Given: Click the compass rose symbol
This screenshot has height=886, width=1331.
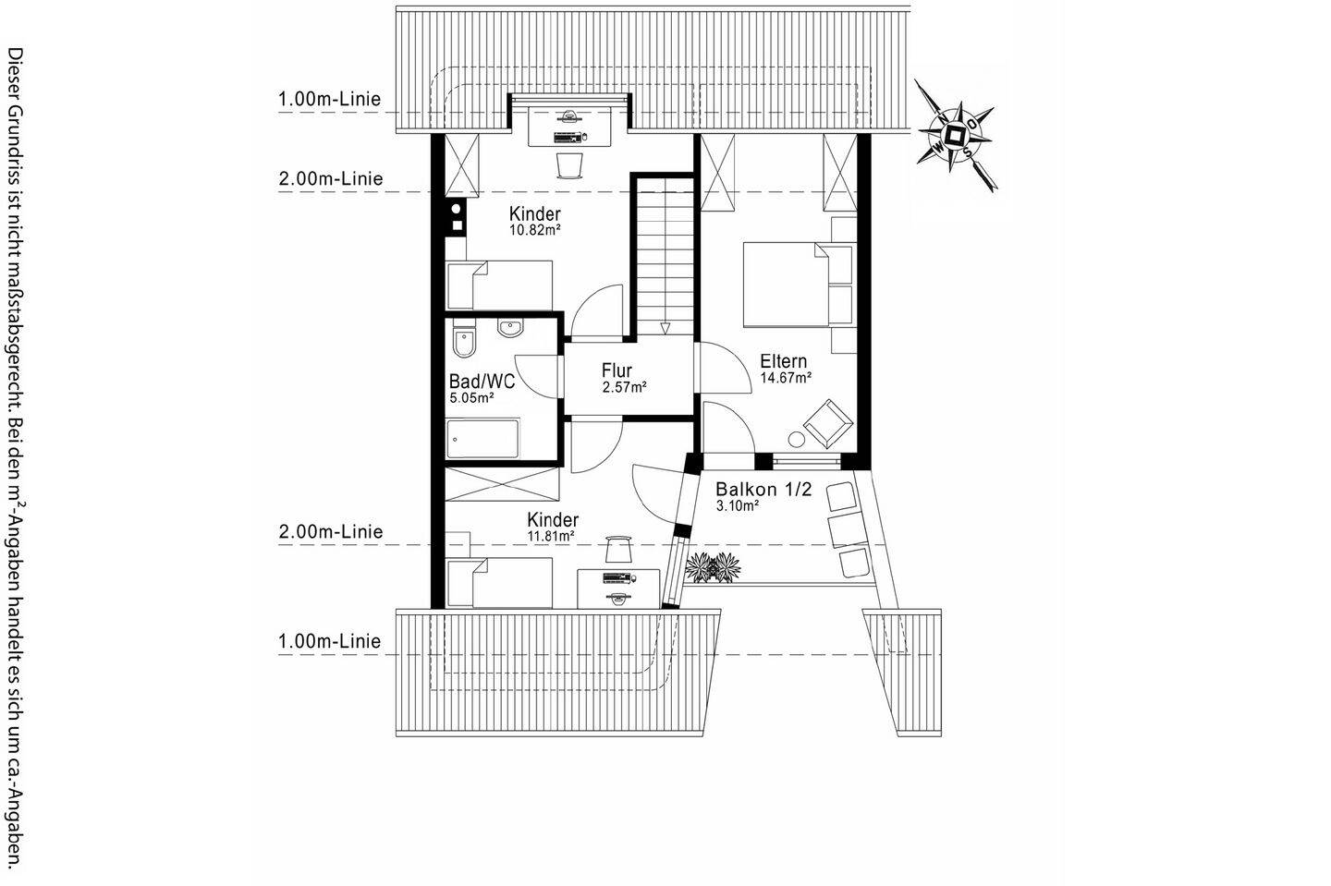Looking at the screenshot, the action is coord(955,136).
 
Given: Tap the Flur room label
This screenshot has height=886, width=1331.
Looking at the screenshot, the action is coord(617,370).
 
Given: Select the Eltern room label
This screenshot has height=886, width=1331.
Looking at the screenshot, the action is coord(783,361).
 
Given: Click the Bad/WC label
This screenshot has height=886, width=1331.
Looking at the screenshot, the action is coord(482,381).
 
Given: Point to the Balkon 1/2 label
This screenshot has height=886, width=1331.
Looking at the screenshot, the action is coord(763,490).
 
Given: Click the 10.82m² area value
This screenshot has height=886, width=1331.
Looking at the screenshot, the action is coord(535,230).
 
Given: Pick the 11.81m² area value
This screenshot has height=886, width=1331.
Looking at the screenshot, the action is coord(551,537).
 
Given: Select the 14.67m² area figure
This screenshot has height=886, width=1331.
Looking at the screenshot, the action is coord(786,378).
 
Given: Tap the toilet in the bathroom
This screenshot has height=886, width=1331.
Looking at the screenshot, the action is coord(464,339).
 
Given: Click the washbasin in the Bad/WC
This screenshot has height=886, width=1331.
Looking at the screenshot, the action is coord(510,328).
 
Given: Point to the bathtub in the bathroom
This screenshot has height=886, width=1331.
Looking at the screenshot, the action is coord(482,439).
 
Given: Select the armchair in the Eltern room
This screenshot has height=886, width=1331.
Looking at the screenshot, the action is coord(828,423).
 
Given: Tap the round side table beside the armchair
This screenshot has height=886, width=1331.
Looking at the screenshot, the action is coord(796,440).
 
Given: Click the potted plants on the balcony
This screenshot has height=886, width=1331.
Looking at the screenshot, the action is coord(713,567).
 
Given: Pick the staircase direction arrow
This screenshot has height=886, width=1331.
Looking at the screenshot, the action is coord(665,328).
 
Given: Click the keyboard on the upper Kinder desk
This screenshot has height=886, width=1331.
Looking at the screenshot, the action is coord(567,137).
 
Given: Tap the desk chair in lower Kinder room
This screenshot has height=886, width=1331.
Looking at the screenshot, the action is coord(617,549).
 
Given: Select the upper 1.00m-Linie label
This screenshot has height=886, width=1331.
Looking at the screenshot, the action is coord(329,99).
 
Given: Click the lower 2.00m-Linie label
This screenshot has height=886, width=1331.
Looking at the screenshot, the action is coord(330,531).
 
